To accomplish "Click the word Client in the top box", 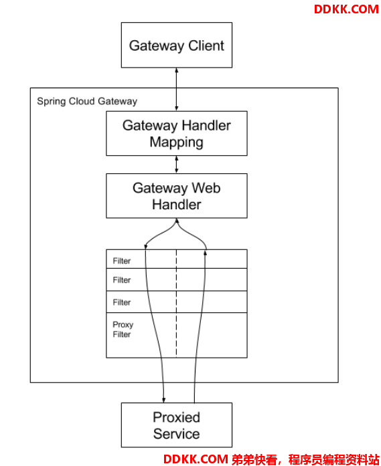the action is tap(206, 45).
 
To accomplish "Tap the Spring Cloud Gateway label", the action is tap(87, 102).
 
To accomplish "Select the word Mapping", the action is tap(177, 142).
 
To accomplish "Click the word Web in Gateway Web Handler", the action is tap(206, 188).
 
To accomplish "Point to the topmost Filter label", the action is tap(121, 261).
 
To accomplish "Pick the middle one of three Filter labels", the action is tap(121, 280).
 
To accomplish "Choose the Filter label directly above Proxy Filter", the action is tap(121, 302).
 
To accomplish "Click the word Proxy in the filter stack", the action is tap(123, 325).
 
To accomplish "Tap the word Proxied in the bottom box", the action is tap(177, 417).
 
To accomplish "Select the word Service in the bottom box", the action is tap(177, 434).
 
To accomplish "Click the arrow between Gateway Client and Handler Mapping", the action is tap(177, 90).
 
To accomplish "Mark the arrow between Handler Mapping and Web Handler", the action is tap(177, 164).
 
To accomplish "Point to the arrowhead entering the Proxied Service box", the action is tap(163, 400).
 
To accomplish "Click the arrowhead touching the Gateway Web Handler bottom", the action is tap(177, 221).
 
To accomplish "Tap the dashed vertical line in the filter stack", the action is tap(176, 303).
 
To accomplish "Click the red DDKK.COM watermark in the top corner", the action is tap(346, 9).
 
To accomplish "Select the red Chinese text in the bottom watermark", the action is tap(305, 460).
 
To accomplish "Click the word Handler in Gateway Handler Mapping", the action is tap(206, 126).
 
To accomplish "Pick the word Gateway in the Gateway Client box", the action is tap(157, 46).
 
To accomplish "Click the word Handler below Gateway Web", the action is tap(177, 205).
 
